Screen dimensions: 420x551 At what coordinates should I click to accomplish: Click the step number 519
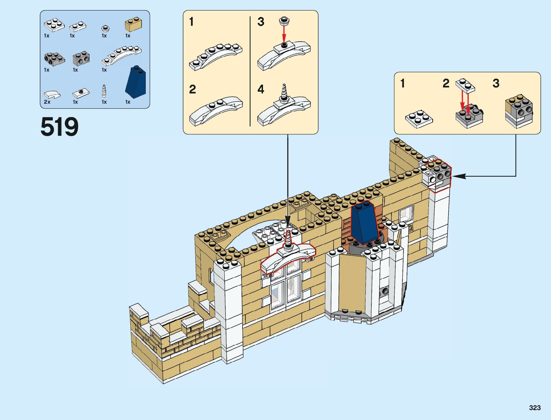pos(60,127)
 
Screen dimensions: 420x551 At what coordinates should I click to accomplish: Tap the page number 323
pos(534,408)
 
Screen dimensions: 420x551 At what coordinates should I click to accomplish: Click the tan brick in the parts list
pos(134,25)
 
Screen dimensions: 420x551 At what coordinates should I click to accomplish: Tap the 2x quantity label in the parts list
pos(47,102)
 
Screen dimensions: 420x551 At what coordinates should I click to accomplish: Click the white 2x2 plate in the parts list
pos(54,25)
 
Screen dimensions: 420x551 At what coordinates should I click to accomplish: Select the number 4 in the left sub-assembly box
pos(261,89)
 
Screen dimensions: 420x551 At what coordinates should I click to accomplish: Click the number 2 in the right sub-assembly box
pos(446,84)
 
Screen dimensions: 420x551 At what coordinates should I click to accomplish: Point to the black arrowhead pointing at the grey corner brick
pos(458,176)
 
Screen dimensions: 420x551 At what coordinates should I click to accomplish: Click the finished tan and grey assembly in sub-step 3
pos(519,111)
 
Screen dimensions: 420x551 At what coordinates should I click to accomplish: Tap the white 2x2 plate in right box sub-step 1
pos(419,118)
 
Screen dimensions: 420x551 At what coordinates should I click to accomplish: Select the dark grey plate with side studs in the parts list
pos(54,59)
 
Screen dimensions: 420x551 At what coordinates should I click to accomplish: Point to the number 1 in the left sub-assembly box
pos(191,22)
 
